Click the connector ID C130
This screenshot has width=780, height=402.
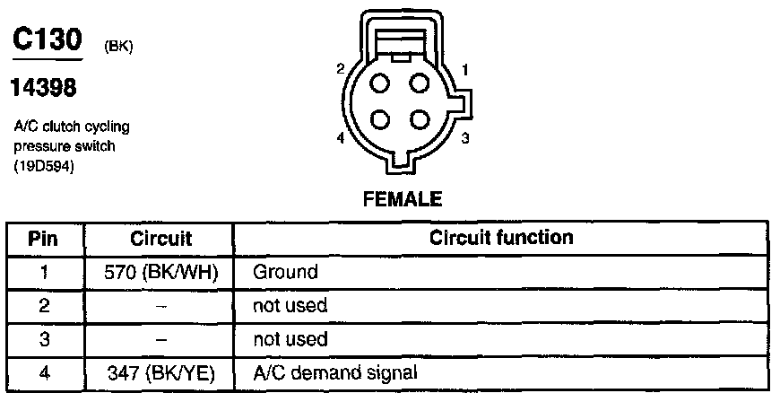(x=46, y=40)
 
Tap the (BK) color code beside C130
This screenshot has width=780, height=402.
(x=119, y=48)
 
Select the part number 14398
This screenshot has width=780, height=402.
(x=42, y=89)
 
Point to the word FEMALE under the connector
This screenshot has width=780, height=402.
(x=402, y=199)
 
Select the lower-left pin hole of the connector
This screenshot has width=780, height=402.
(x=379, y=119)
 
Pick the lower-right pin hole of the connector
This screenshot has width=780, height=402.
(x=419, y=119)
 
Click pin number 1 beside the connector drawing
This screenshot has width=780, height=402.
(x=465, y=69)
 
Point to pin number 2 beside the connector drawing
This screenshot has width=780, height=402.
(x=341, y=69)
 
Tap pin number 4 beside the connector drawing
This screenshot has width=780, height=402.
(x=341, y=138)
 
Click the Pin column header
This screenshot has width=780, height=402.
(x=44, y=239)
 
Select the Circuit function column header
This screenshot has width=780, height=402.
(x=501, y=239)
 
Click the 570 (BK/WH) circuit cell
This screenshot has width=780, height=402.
(x=161, y=271)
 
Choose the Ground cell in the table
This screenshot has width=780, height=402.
(x=285, y=271)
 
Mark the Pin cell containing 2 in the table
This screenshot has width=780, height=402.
(x=44, y=305)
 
